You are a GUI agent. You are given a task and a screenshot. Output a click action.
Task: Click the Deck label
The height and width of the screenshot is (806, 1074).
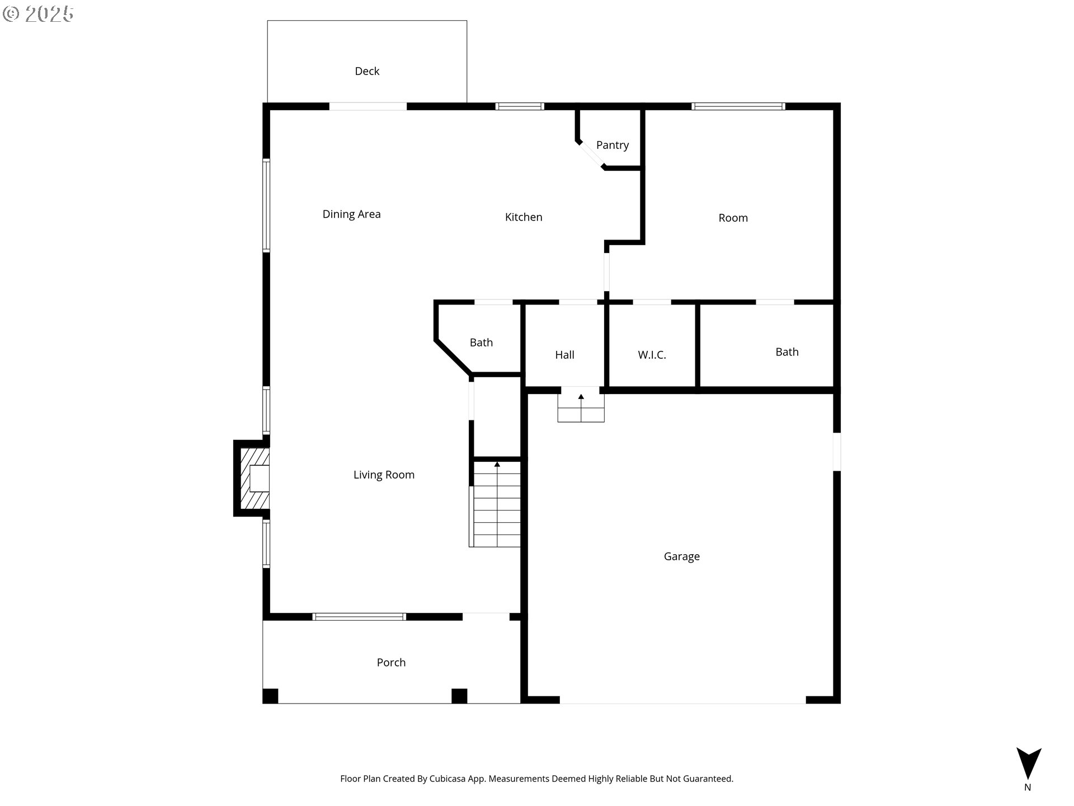click(367, 71)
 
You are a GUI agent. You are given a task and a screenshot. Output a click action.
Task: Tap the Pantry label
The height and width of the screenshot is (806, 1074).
click(613, 145)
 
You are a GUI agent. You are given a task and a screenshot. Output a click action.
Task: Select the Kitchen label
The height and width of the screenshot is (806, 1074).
click(524, 217)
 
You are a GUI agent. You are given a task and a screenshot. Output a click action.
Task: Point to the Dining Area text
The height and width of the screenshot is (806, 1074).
click(351, 214)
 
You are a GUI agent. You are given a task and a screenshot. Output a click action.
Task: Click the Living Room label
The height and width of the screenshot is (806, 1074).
click(384, 475)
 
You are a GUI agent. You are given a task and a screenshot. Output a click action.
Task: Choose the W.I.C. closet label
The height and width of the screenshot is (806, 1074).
click(652, 355)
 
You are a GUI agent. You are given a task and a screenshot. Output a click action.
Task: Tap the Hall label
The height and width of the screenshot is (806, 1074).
click(564, 355)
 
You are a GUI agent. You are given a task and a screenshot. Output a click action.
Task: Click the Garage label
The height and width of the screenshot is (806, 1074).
click(681, 556)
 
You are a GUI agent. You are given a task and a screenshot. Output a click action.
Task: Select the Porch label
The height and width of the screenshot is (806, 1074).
click(391, 663)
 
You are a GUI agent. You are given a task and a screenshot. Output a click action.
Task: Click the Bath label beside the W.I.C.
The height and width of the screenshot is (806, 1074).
click(786, 352)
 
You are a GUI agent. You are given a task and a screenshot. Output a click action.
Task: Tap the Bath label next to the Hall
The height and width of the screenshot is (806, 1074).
click(481, 343)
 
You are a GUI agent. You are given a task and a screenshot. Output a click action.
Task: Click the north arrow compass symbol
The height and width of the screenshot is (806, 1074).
click(1028, 763)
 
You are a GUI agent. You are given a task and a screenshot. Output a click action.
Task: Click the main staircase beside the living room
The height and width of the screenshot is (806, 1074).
click(497, 509)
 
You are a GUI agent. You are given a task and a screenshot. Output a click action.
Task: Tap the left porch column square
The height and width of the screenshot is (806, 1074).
click(270, 696)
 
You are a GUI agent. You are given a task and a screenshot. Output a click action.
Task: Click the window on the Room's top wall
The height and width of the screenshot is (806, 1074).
click(738, 106)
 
